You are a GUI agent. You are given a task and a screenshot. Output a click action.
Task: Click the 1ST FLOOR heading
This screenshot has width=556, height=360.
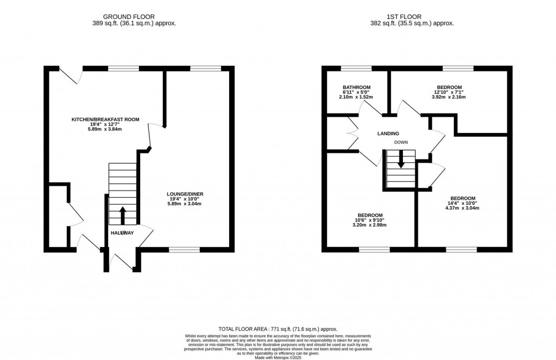[412, 17]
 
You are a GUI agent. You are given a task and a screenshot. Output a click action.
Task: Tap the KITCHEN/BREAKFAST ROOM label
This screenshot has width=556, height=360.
[106, 119]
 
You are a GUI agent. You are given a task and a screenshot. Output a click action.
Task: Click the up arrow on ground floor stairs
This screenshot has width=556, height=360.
[122, 215]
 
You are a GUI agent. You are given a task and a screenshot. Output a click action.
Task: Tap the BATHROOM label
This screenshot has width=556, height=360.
[356, 87]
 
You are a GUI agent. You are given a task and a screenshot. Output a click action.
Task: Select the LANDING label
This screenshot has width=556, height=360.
[388, 134]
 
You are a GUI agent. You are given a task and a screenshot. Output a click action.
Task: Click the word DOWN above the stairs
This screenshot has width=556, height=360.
[401, 143]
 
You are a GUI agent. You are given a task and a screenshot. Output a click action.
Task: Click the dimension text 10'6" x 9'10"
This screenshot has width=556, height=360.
[370, 220]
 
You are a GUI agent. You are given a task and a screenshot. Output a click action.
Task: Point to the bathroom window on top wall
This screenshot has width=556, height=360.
[356, 68]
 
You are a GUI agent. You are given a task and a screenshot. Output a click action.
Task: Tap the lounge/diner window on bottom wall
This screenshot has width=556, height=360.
[184, 250]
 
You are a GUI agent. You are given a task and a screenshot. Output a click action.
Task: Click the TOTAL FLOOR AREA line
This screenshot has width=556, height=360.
[278, 329]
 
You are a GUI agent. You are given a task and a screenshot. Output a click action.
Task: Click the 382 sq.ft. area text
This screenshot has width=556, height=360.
[412, 23]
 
